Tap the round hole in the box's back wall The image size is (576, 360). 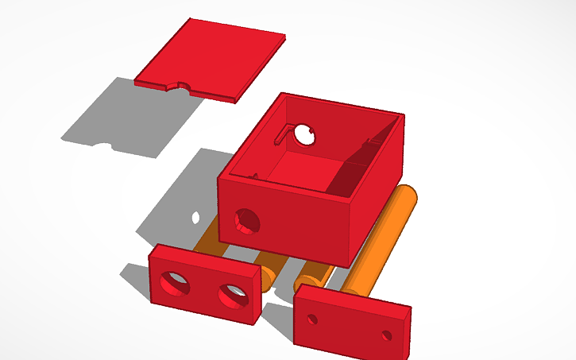click(x=304, y=136)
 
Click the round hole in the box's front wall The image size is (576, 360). click(x=246, y=220)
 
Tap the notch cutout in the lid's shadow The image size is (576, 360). click(x=102, y=145)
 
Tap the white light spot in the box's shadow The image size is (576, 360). click(x=195, y=216)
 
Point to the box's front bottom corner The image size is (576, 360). click(x=346, y=263)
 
